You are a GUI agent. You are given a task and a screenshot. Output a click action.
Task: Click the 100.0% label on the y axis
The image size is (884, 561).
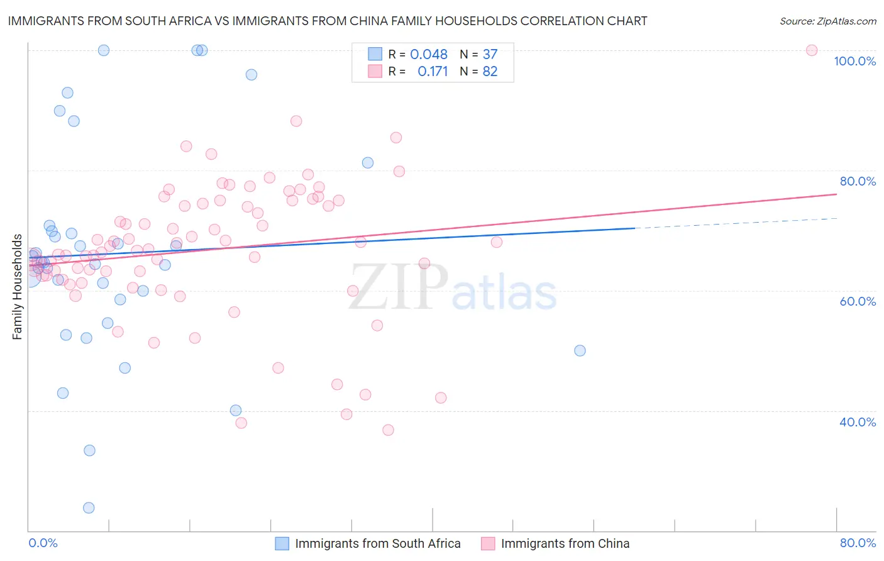[x=854, y=61]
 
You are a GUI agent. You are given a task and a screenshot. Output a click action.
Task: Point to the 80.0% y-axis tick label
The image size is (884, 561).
[x=858, y=181]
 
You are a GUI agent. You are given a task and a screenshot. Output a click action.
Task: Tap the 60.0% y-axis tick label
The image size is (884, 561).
[x=858, y=301]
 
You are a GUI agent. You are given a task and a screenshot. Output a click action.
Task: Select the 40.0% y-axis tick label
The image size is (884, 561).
[x=858, y=422]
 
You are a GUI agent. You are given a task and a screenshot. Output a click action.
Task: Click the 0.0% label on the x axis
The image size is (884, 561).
[x=43, y=543]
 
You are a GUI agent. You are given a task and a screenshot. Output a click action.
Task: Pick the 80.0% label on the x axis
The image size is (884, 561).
[x=858, y=543]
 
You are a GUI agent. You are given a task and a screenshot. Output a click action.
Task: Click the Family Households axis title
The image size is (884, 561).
[x=17, y=287]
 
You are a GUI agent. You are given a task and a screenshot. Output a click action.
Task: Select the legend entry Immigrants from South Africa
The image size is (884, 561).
[x=377, y=543]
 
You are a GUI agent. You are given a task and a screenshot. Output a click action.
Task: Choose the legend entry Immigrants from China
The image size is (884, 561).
[x=565, y=543]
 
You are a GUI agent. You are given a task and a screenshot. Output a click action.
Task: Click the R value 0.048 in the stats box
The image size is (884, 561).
[x=428, y=55]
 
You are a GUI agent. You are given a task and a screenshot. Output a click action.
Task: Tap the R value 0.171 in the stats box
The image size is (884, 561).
[x=433, y=72]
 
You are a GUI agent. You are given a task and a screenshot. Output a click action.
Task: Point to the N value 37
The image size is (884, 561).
[x=490, y=55]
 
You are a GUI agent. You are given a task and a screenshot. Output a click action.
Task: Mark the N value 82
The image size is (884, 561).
[x=490, y=72]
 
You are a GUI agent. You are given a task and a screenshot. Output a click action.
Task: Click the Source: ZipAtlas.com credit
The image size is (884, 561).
[x=827, y=21]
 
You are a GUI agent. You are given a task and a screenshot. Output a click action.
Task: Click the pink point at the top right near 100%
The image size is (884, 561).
[x=812, y=50]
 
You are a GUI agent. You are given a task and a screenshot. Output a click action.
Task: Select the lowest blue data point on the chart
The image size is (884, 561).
[x=89, y=508]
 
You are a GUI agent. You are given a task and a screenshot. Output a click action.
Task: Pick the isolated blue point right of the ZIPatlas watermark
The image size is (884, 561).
[x=580, y=350]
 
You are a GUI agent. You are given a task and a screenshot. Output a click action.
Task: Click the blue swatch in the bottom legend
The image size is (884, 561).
[x=282, y=543]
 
